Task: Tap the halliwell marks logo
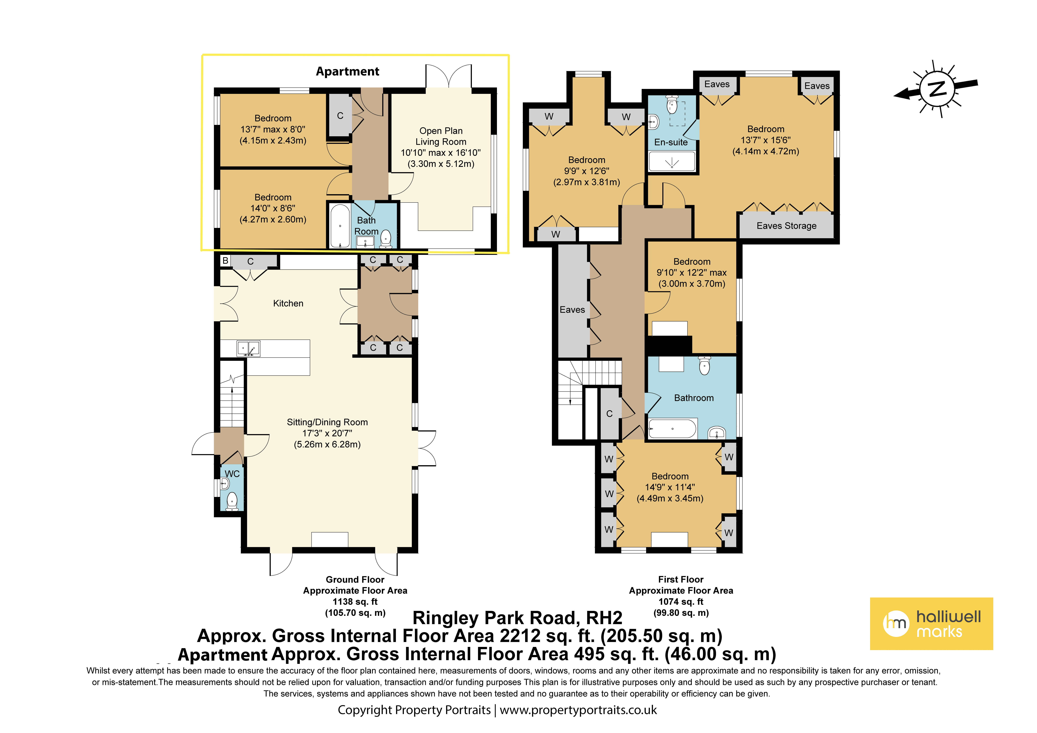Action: pos(931,624)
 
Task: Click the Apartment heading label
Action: pos(347,71)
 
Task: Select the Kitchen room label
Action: pos(288,303)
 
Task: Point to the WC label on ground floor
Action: pos(232,474)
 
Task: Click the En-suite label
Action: pos(671,142)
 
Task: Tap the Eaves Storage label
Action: pos(786,226)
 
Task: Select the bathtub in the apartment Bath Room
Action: pos(340,226)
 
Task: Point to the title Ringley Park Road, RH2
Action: pos(518,618)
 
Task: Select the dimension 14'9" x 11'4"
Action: pos(670,487)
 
